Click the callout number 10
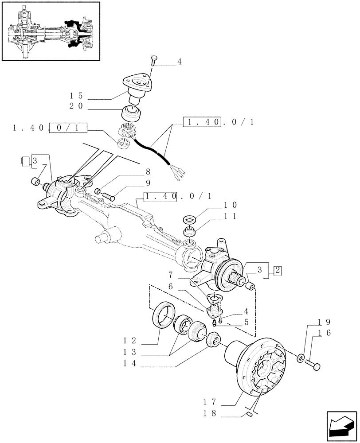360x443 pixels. (x=231, y=205)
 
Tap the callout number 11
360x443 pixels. (x=231, y=217)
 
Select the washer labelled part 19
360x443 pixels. (x=301, y=357)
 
